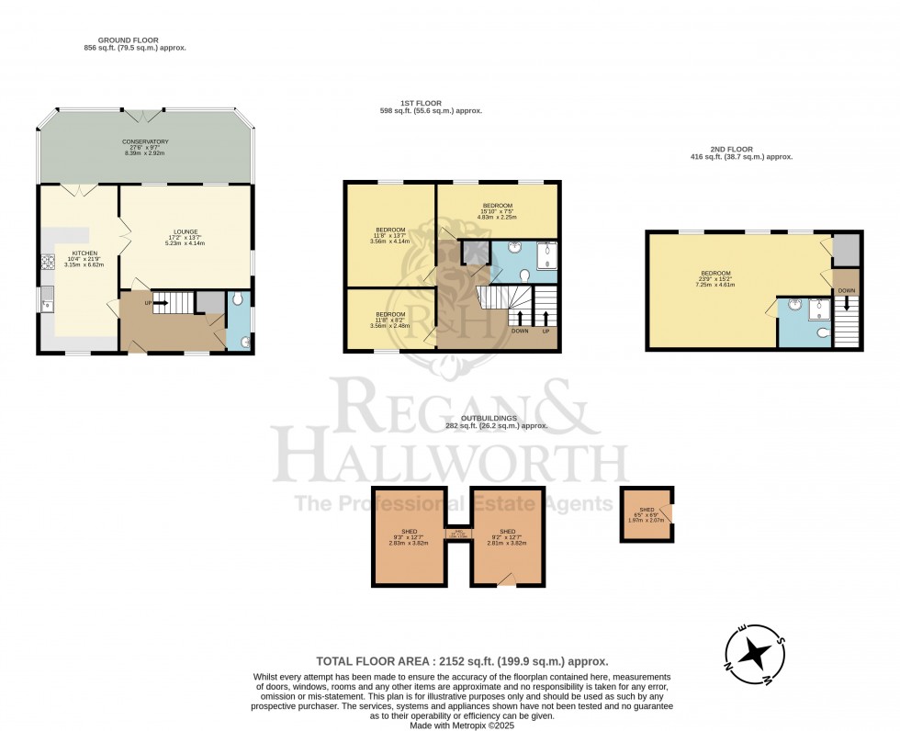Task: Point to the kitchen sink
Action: point(46,299)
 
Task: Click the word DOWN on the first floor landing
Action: point(519,331)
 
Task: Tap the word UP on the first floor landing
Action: point(547,331)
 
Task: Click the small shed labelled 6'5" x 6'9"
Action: point(647,514)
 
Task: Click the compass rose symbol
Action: point(756,654)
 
